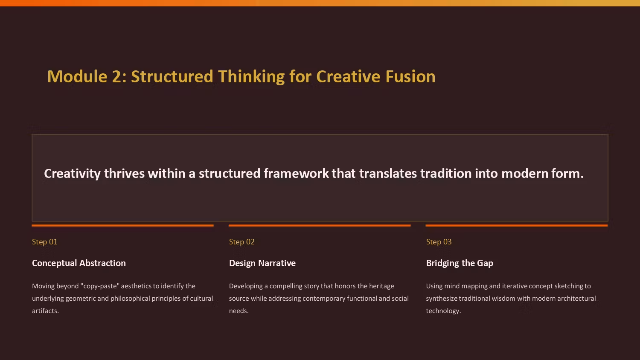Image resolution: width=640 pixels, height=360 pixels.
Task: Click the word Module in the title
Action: (x=77, y=77)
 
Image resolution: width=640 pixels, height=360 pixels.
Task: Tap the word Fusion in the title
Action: (x=410, y=77)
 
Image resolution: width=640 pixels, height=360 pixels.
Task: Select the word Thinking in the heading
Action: (x=251, y=77)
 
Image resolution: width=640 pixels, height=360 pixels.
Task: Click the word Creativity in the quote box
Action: (x=72, y=174)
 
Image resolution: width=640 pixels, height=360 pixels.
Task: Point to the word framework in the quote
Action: (x=296, y=174)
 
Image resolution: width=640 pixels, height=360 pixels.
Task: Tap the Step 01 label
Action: (x=44, y=242)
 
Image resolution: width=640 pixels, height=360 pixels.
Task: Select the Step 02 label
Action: (x=242, y=242)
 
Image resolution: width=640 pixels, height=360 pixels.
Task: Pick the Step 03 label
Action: (x=439, y=242)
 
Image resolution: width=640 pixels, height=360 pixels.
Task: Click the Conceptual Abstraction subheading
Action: (x=79, y=263)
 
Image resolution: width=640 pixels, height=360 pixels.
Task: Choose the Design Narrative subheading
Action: (x=262, y=263)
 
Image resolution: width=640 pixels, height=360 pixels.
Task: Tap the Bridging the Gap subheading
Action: (x=460, y=263)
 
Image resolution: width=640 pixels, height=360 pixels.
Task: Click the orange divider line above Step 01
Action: (x=123, y=226)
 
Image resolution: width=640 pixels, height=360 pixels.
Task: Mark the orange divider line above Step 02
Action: (x=320, y=226)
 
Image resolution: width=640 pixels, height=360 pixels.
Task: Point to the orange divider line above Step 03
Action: (x=517, y=226)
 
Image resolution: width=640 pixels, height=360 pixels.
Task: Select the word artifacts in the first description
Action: (x=45, y=311)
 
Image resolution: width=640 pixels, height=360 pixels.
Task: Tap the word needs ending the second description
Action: (x=239, y=311)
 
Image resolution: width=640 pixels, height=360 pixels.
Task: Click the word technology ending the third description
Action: (x=443, y=311)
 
